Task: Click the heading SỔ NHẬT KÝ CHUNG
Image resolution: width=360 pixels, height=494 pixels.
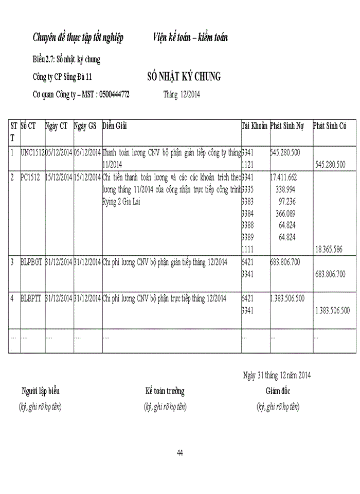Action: click(184, 77)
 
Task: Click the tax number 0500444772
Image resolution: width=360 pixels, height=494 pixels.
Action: click(114, 95)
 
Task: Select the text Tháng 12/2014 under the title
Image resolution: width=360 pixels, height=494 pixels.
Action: click(182, 95)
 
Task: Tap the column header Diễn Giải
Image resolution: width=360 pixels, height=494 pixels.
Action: click(115, 126)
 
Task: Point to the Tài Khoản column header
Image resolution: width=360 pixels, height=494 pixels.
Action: click(255, 126)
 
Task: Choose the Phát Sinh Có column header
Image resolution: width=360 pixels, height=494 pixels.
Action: click(330, 126)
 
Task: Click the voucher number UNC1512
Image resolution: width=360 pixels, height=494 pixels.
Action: click(32, 153)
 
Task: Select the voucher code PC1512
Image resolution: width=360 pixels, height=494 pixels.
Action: click(30, 178)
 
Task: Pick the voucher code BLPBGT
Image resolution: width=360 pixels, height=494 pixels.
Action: click(32, 262)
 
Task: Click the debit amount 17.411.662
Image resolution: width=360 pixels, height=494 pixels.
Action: click(283, 178)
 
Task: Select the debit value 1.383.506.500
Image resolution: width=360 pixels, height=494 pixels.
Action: click(287, 298)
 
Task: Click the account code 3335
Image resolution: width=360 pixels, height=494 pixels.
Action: click(247, 189)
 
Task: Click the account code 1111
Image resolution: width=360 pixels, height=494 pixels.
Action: click(247, 249)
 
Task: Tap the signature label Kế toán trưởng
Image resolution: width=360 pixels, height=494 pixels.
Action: click(165, 391)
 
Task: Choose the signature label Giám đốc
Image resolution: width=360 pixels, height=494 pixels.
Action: click(278, 391)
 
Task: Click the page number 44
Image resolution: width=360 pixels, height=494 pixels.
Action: click(180, 453)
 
